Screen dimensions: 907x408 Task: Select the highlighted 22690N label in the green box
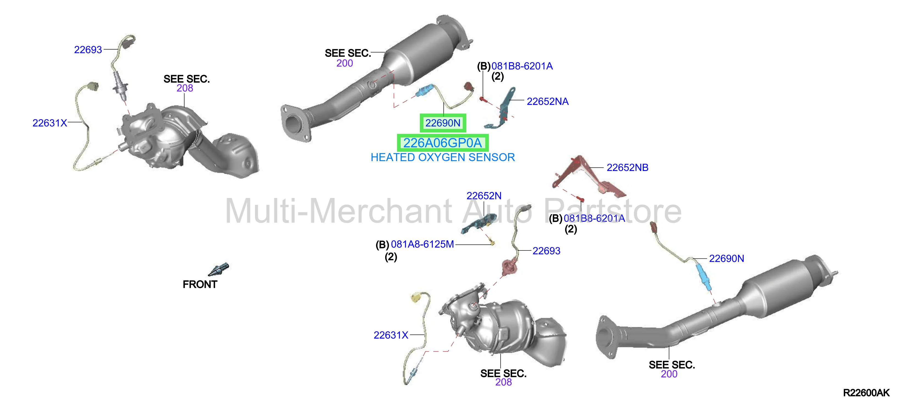pos(443,123)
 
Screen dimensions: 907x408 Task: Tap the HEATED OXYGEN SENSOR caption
pos(443,157)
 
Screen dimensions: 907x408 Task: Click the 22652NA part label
pos(548,101)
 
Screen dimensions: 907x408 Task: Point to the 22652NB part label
pos(628,167)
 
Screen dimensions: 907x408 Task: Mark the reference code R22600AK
pos(866,393)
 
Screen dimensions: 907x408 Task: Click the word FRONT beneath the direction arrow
pos(200,284)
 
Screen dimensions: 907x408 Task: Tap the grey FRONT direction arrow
pos(219,269)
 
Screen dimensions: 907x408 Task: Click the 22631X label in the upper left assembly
pos(50,123)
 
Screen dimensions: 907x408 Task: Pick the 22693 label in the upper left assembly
pos(88,50)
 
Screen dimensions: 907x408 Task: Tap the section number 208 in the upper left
pos(185,88)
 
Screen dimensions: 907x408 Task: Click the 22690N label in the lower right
pos(726,259)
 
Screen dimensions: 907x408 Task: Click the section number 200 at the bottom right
pos(669,374)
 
